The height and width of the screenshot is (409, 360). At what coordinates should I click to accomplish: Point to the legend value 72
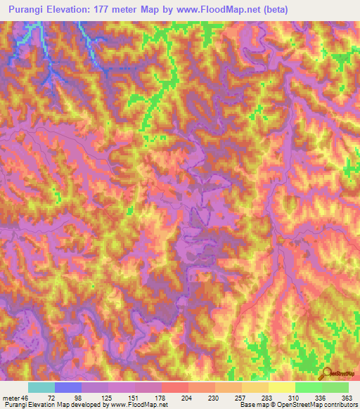pyautogui.click(x=50, y=398)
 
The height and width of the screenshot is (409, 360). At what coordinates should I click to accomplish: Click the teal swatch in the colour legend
pyautogui.click(x=41, y=387)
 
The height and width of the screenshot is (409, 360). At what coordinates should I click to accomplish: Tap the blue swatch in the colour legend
pyautogui.click(x=68, y=387)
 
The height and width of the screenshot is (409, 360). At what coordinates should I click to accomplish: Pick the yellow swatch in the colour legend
pyautogui.click(x=281, y=387)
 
